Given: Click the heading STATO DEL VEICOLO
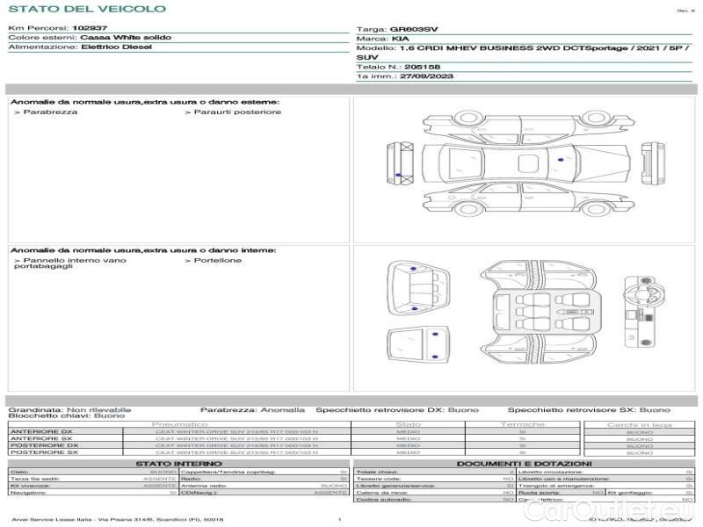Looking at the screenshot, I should (86, 9).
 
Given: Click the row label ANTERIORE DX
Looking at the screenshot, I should (41, 432).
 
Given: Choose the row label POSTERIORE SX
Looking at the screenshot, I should (43, 452).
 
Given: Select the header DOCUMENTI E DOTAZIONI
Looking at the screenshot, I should (524, 464).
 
